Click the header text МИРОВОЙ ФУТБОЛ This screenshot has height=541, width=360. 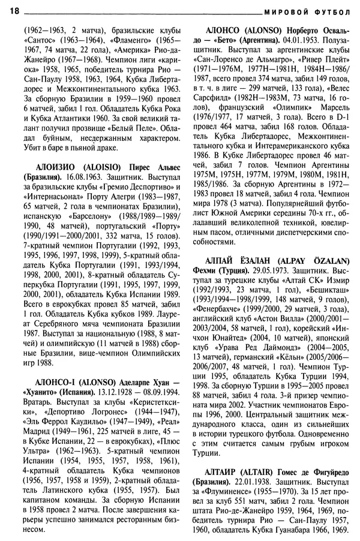coord(307,11)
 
